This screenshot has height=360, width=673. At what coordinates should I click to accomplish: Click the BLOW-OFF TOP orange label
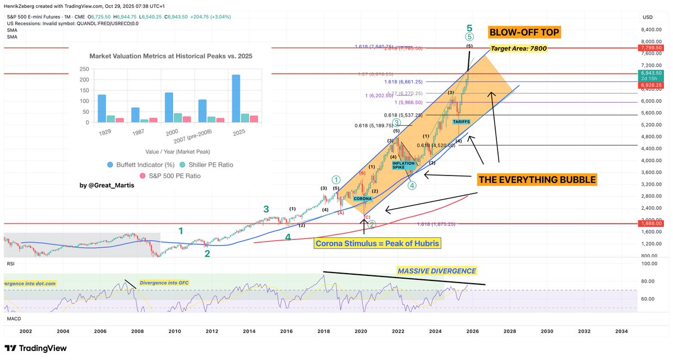pyautogui.click(x=524, y=33)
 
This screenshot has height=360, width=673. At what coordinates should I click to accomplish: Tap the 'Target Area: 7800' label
pyautogui.click(x=518, y=49)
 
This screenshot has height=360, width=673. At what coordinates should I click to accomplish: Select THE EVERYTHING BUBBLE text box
pyautogui.click(x=537, y=180)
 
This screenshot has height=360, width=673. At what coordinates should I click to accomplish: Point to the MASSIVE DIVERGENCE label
pyautogui.click(x=436, y=271)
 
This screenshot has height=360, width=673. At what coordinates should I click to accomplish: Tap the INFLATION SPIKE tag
pyautogui.click(x=403, y=165)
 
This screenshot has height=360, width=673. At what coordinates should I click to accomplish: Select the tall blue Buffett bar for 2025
pyautogui.click(x=236, y=99)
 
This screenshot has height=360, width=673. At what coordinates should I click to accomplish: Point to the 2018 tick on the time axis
pyautogui.click(x=324, y=331)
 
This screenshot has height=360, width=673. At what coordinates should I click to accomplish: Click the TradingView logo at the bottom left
pyautogui.click(x=35, y=348)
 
